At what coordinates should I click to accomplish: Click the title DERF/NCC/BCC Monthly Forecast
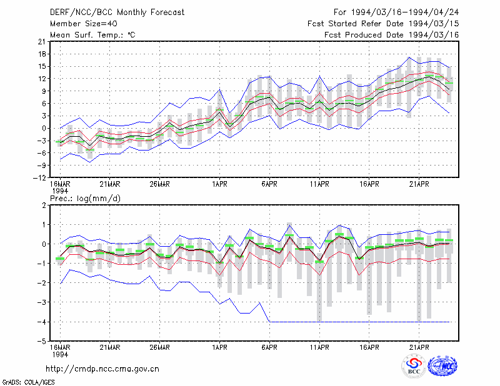pyautogui.click(x=117, y=12)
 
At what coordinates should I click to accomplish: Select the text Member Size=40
pyautogui.click(x=84, y=24)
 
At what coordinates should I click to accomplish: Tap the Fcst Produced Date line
pyautogui.click(x=392, y=35)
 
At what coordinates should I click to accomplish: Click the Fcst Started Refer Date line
pyautogui.click(x=383, y=24)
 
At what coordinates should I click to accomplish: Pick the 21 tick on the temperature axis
pyautogui.click(x=42, y=42)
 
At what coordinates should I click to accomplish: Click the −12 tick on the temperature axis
pyautogui.click(x=39, y=178)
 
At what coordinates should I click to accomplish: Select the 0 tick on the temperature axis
pyautogui.click(x=44, y=129)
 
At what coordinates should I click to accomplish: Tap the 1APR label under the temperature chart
pyautogui.click(x=220, y=184)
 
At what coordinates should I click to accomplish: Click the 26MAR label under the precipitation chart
pyautogui.click(x=160, y=347)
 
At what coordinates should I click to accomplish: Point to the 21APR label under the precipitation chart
pyautogui.click(x=419, y=347)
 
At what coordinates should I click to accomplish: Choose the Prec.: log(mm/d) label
pyautogui.click(x=85, y=199)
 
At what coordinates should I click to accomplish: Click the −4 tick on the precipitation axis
pyautogui.click(x=42, y=322)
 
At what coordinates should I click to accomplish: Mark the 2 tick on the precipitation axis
pyautogui.click(x=44, y=205)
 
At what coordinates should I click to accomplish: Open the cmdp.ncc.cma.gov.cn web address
pyautogui.click(x=102, y=369)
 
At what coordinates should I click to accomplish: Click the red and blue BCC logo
pyautogui.click(x=414, y=366)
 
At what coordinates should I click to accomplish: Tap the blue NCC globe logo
pyautogui.click(x=442, y=366)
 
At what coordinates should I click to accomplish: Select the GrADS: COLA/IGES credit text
pyautogui.click(x=28, y=382)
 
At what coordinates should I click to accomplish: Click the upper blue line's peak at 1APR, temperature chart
pyautogui.click(x=220, y=89)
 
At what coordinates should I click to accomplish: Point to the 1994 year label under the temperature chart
pyautogui.click(x=60, y=191)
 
